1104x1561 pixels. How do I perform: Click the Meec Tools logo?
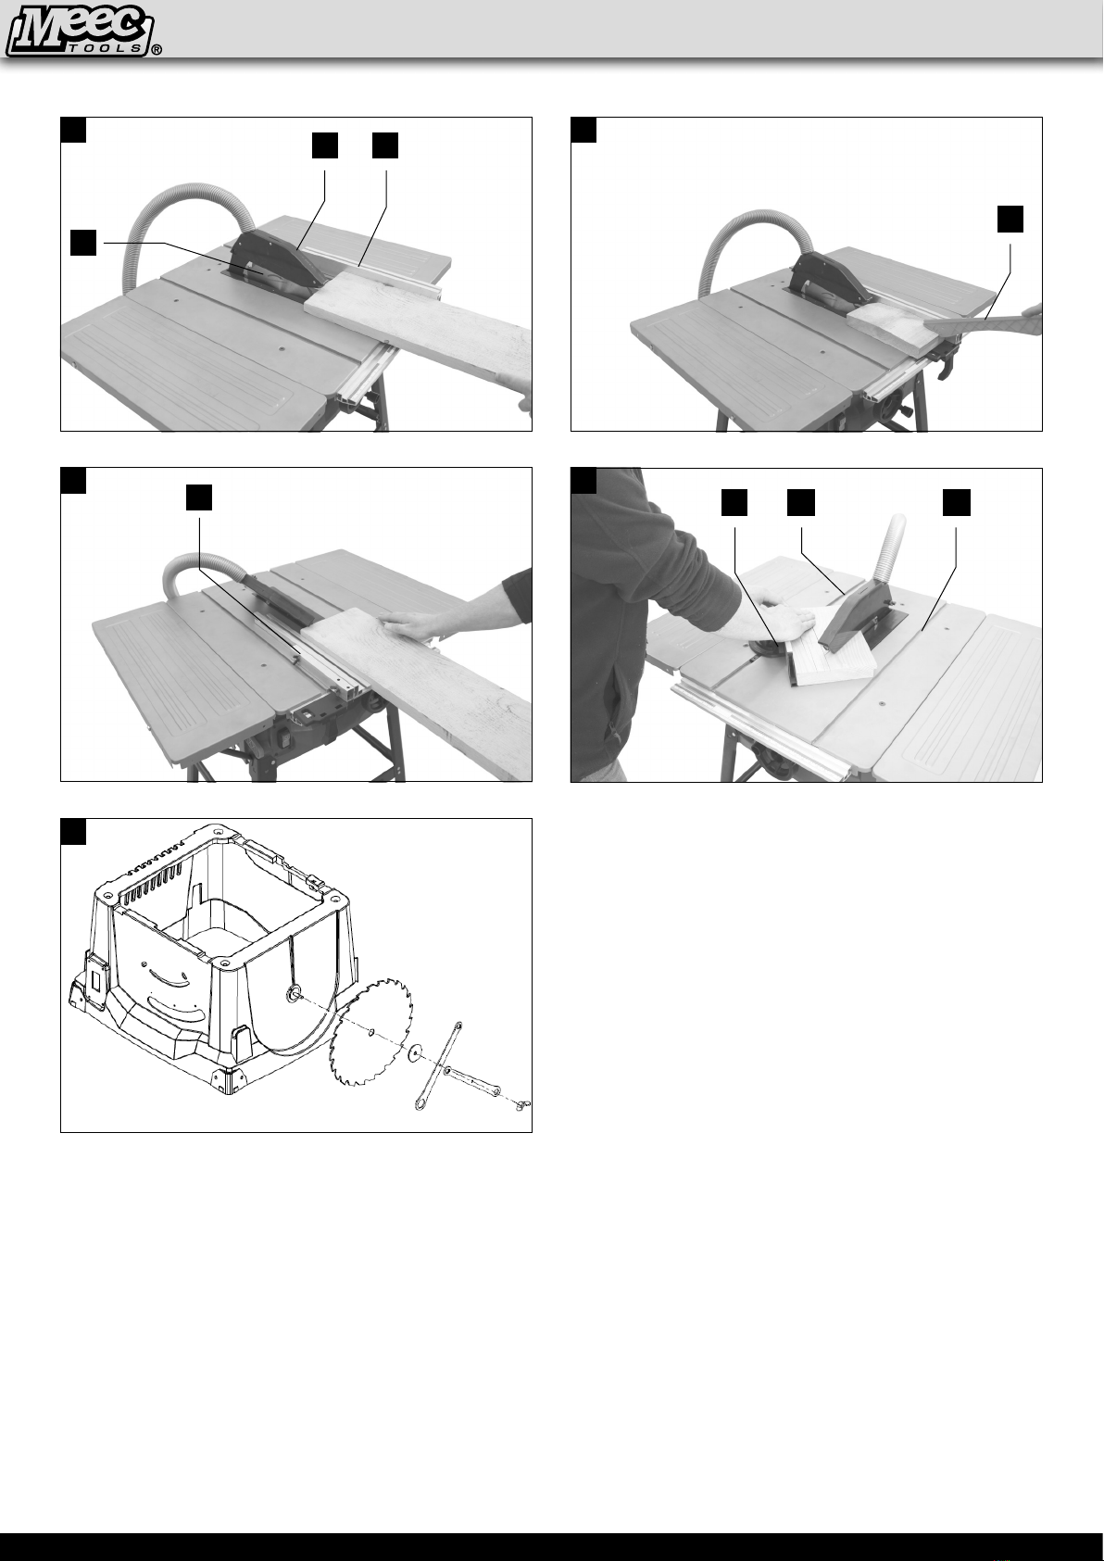(x=79, y=30)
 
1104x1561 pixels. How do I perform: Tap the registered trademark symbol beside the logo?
(x=157, y=50)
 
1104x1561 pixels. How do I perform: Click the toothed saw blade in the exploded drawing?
(x=370, y=1032)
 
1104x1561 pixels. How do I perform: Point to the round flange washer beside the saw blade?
(x=418, y=1053)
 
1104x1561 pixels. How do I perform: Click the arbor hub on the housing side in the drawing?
(x=294, y=993)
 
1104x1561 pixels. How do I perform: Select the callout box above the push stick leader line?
(x=1010, y=219)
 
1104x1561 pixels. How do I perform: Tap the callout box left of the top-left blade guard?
(x=83, y=243)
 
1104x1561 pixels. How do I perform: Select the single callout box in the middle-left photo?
(x=198, y=497)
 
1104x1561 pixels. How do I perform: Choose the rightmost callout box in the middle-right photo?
(x=957, y=502)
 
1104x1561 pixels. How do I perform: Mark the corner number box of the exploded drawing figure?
(x=73, y=831)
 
